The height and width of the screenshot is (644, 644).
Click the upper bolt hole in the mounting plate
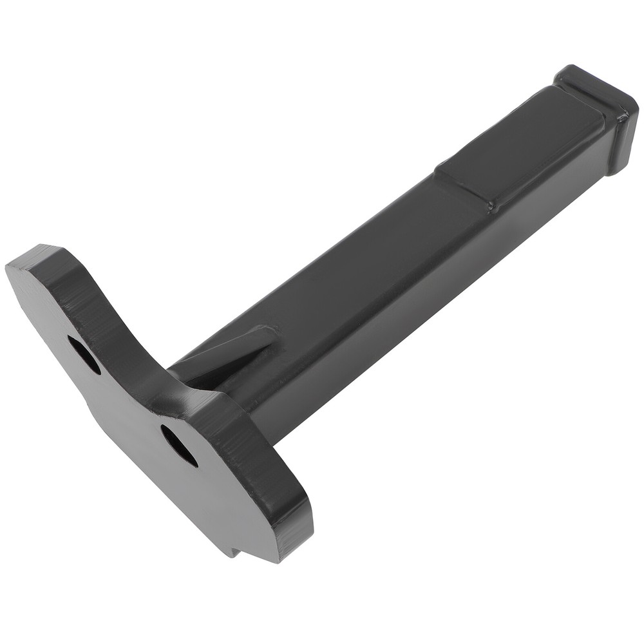click(x=84, y=355)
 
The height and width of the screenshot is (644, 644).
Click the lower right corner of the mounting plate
click(x=283, y=554)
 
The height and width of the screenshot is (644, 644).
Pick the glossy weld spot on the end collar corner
click(x=623, y=116)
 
